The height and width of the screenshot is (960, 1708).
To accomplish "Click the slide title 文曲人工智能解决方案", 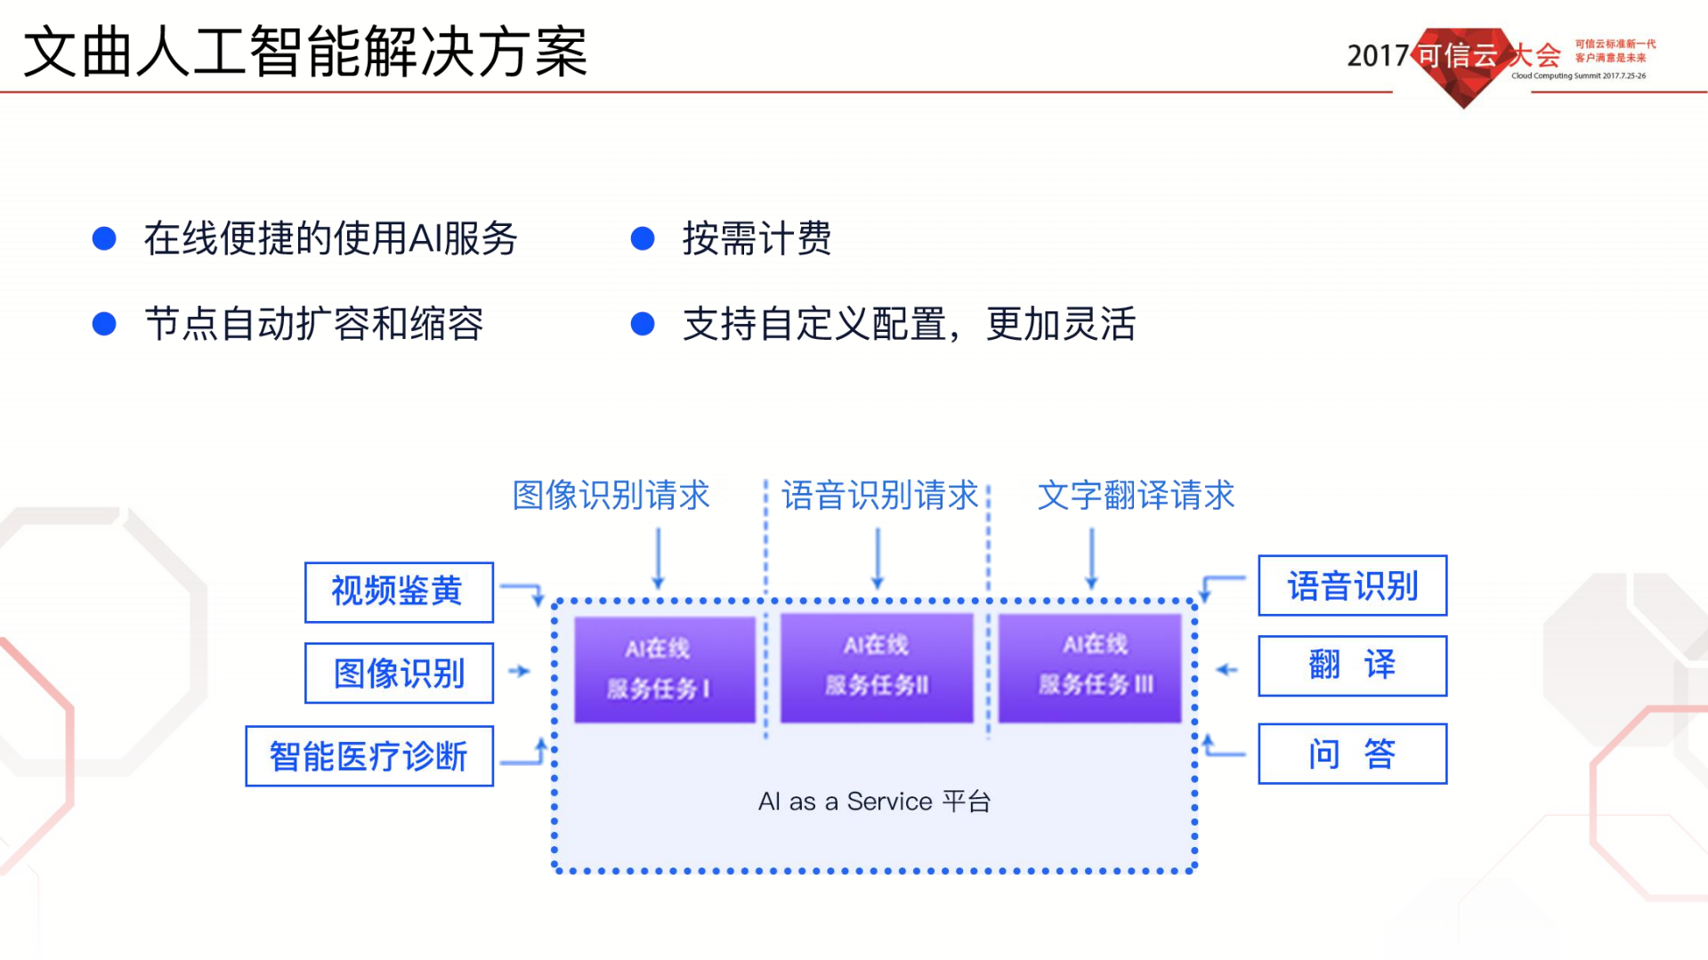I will (x=305, y=52).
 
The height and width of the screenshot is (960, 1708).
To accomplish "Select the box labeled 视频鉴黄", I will (x=398, y=592).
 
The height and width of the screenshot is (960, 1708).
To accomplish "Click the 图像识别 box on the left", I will (x=398, y=674).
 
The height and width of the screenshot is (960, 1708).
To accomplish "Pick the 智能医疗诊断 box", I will (x=368, y=756).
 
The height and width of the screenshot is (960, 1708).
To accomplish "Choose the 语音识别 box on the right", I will (x=1351, y=585).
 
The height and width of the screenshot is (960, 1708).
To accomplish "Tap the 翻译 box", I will (x=1351, y=666).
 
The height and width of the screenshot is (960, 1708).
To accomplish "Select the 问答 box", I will (x=1351, y=754).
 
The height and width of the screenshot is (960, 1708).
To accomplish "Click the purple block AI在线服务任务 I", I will (x=664, y=669).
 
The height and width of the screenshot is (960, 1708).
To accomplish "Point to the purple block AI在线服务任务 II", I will (x=876, y=667).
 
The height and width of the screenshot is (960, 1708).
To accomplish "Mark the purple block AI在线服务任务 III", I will (x=1089, y=667).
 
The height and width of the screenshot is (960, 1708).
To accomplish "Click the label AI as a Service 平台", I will (x=874, y=802).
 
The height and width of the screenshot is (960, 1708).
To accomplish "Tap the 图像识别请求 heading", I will (x=611, y=496).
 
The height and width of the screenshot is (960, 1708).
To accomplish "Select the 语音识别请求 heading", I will (x=879, y=496).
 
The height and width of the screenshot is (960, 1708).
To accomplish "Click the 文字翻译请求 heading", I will (x=1136, y=496).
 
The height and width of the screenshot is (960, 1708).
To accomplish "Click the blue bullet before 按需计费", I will (x=643, y=238).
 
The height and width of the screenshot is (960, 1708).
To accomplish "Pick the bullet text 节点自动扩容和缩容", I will (x=313, y=324).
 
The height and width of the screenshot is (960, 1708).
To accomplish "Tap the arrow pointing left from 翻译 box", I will (x=1226, y=669).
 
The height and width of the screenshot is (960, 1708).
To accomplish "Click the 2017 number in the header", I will (x=1377, y=56).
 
